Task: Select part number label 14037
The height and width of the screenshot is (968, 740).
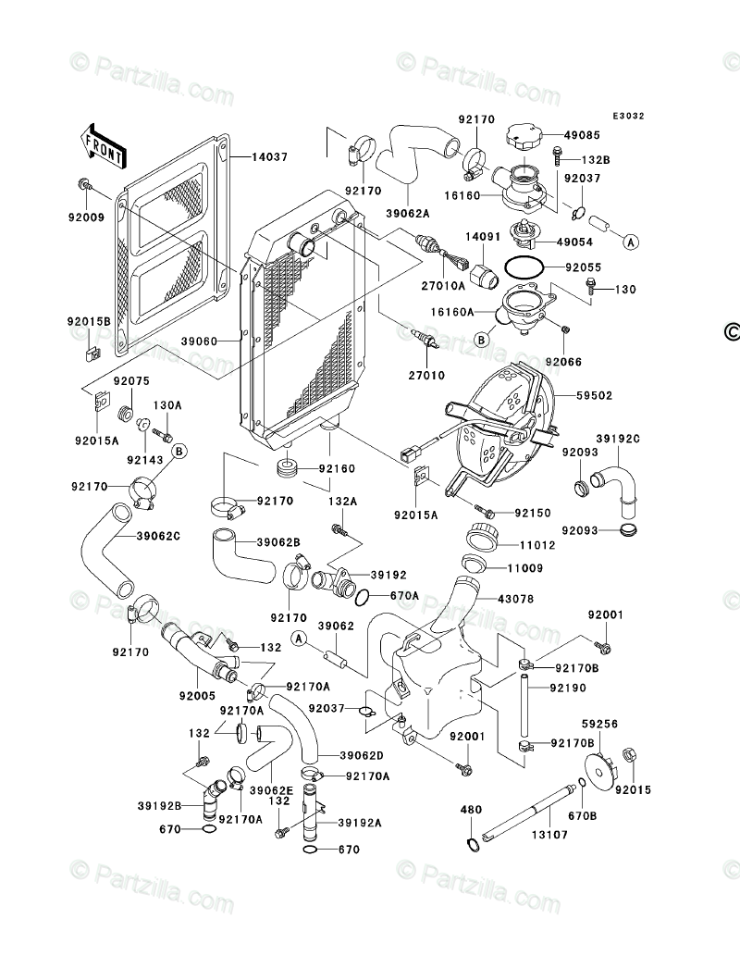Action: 270,157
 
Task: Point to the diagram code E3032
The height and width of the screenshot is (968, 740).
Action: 628,116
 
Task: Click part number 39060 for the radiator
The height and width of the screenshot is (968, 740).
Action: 200,341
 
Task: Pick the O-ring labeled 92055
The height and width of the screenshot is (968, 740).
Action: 524,268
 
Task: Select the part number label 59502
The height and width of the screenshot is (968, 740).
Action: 594,396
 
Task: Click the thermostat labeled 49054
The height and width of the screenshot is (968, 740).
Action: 524,234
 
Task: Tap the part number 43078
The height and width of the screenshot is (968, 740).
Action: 515,599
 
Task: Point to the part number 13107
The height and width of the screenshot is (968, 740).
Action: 549,835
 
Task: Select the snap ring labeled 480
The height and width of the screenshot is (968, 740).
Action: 471,844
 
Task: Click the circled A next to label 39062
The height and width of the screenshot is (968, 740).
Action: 300,639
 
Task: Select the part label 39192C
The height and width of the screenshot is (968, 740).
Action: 618,439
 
